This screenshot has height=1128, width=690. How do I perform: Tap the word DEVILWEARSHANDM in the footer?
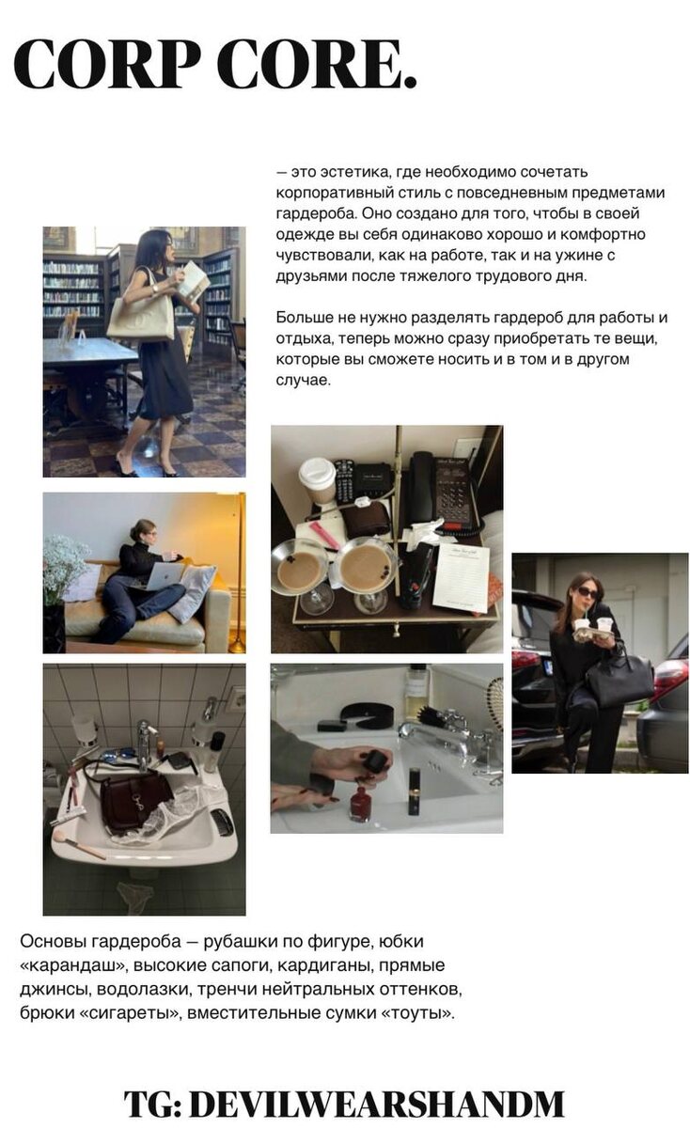click(377, 1104)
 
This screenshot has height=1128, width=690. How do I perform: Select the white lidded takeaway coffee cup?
click(318, 481)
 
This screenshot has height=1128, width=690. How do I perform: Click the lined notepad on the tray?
click(462, 577)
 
